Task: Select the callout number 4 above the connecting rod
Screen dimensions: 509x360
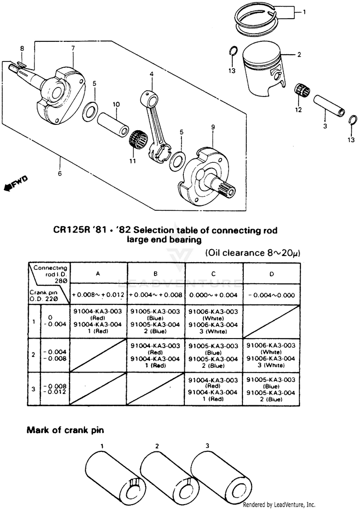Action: click(x=151, y=74)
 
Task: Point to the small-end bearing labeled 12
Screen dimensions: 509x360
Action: click(x=301, y=91)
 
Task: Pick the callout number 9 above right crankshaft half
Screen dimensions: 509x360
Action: click(x=212, y=127)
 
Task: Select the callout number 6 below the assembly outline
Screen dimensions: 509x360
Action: click(x=60, y=173)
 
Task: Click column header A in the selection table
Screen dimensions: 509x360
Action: click(x=98, y=273)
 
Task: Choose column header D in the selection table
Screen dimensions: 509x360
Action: click(x=272, y=273)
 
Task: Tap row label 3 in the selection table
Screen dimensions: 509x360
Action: click(x=33, y=388)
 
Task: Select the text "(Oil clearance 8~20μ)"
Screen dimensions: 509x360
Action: click(x=253, y=253)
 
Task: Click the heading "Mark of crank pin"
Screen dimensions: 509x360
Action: click(x=64, y=430)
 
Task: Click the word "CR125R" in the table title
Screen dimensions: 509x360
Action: click(x=73, y=230)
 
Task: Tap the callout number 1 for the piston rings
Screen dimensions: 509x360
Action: click(x=303, y=12)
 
